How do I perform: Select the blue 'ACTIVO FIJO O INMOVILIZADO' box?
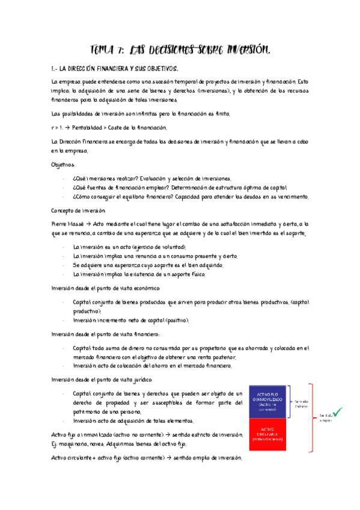point(270,399)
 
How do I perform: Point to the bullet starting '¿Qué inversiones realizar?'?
point(151,178)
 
